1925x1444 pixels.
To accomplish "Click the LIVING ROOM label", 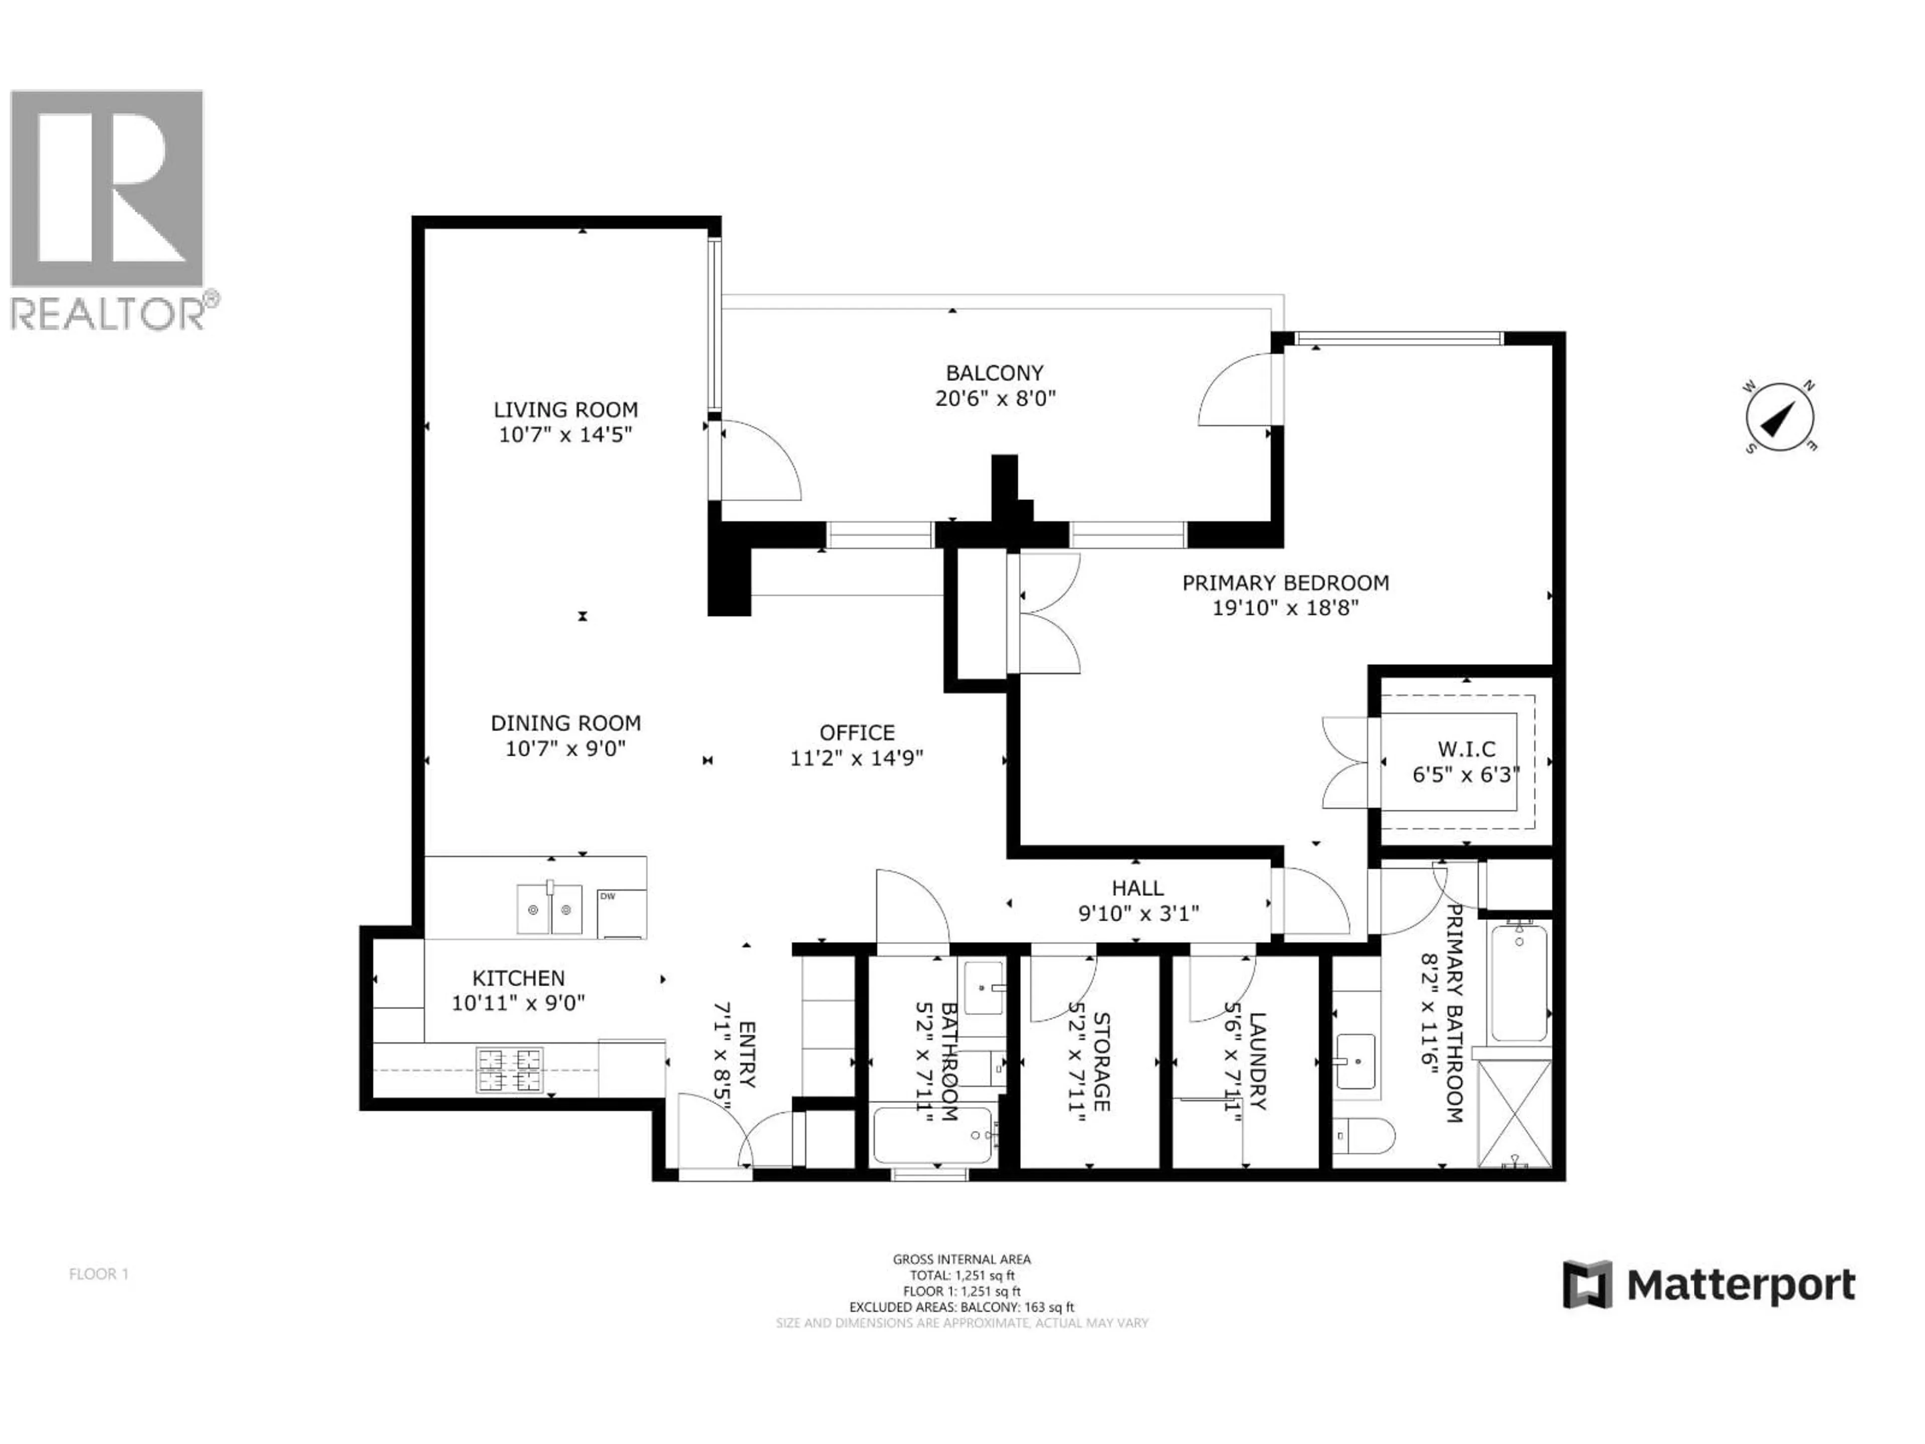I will tap(565, 409).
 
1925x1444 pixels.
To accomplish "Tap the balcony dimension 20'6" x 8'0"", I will tap(995, 399).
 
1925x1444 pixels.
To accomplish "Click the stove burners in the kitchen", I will tap(510, 1070).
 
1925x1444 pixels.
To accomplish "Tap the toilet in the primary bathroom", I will tap(1365, 1136).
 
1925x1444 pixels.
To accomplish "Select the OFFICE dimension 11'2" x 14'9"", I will tap(856, 758).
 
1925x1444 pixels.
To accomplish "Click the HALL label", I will tap(1137, 888).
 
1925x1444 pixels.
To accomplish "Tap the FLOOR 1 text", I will tap(98, 1274).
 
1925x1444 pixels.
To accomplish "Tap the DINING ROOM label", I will tap(565, 723).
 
